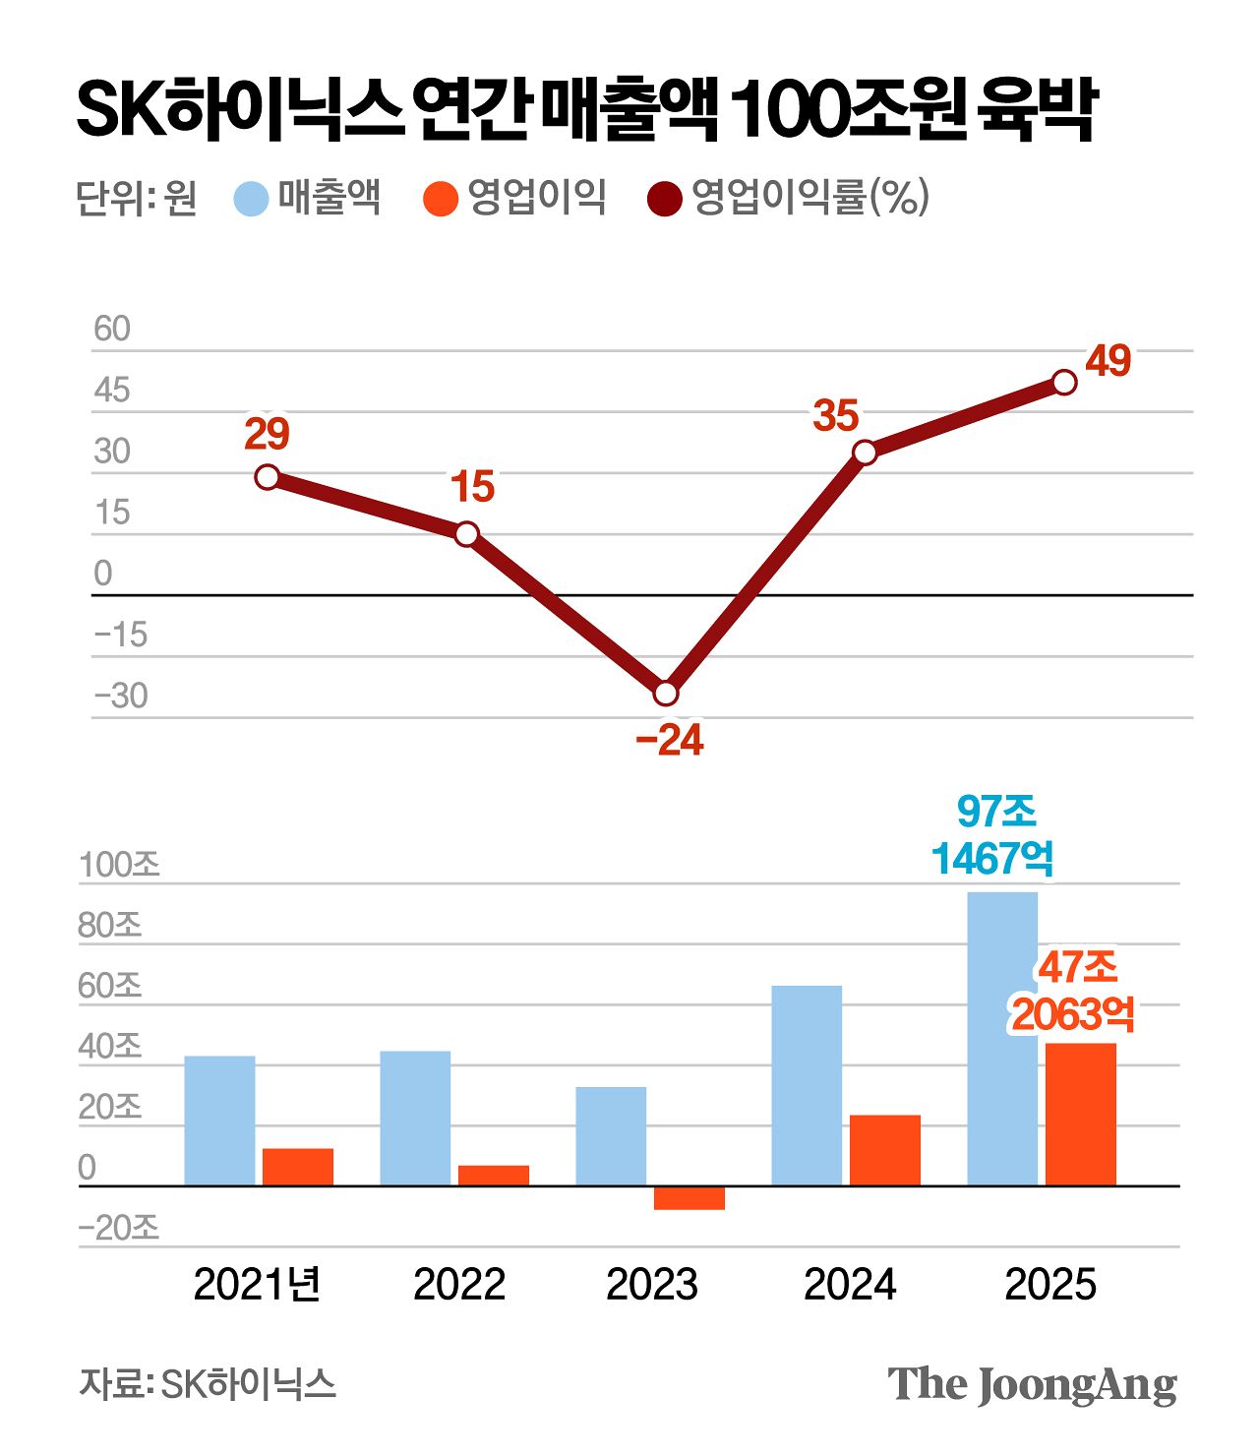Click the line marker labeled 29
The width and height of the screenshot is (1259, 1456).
point(267,477)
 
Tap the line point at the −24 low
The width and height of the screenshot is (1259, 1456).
point(666,694)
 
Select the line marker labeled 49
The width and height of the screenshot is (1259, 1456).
point(1064,382)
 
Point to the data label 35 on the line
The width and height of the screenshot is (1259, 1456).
point(836,416)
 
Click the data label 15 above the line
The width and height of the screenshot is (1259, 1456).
point(472,487)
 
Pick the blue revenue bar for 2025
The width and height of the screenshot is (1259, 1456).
point(1002,1038)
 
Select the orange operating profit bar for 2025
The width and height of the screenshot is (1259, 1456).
point(1081,1114)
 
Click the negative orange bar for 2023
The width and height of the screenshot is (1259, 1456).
point(689,1197)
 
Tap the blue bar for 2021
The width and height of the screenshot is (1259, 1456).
point(219,1121)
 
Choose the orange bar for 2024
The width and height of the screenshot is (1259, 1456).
point(885,1150)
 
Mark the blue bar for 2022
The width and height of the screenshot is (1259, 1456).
point(415,1118)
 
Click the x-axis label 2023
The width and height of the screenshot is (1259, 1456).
point(652,1285)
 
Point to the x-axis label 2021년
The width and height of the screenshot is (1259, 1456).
point(258,1285)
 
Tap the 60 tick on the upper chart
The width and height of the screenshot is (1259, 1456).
point(112,330)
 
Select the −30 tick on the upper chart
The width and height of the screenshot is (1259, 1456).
point(120,697)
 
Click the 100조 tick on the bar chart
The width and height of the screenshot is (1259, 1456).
point(119,866)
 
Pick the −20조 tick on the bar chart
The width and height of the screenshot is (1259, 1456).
point(119,1229)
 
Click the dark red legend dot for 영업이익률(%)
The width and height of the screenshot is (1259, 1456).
point(665,199)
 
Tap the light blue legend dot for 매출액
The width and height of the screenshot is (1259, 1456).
point(252,199)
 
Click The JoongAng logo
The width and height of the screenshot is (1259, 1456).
point(1032,1385)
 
